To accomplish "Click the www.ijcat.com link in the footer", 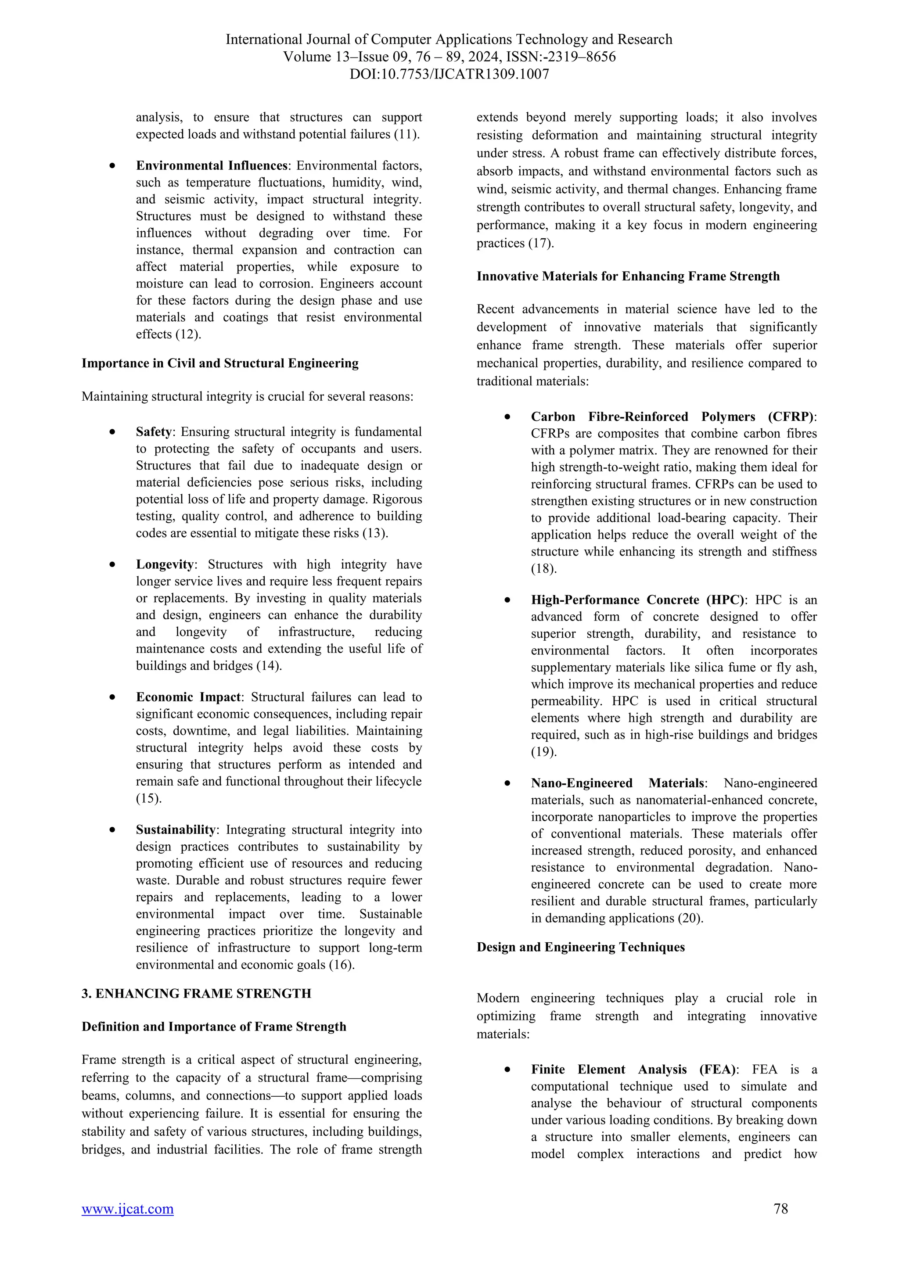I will point(127,1209).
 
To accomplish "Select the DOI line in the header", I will point(449,74).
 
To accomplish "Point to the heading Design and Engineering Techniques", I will point(580,947).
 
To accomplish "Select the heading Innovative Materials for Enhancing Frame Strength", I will point(628,276).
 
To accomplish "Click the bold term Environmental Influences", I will point(212,165).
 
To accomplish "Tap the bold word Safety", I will point(153,432).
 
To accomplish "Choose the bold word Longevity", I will point(165,565).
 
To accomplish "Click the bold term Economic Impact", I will point(188,697).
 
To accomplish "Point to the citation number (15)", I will point(148,798).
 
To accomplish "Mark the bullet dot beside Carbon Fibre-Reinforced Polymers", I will point(507,417).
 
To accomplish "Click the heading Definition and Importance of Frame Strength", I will point(214,1026).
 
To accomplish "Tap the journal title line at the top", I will point(449,40).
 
